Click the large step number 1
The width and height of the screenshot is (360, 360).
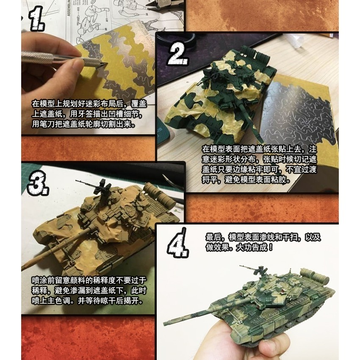coord(36,21)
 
